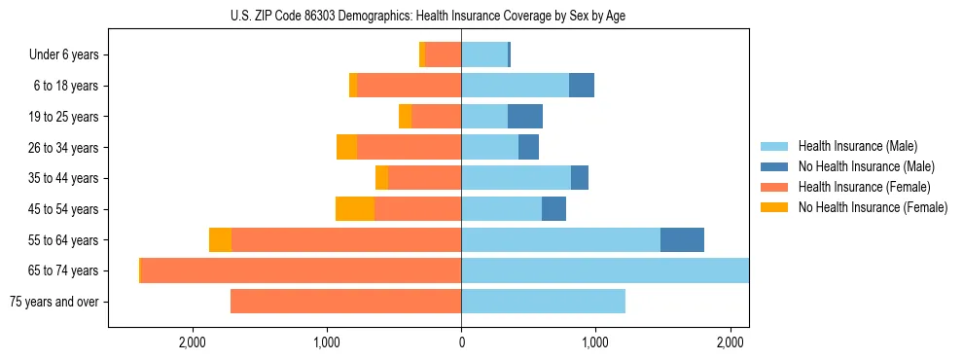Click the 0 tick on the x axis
pos(461,342)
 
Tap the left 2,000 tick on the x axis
pos(193,342)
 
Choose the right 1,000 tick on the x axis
pos(595,342)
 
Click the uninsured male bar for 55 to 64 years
pos(682,240)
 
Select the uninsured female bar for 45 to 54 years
pos(355,209)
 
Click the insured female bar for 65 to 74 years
pos(301,270)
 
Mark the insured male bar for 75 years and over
pos(543,302)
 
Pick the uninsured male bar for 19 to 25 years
pos(525,117)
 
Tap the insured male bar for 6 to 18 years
pos(515,86)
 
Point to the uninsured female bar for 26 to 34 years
pos(346,147)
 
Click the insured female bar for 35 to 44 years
pos(424,178)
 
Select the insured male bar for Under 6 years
pos(484,55)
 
